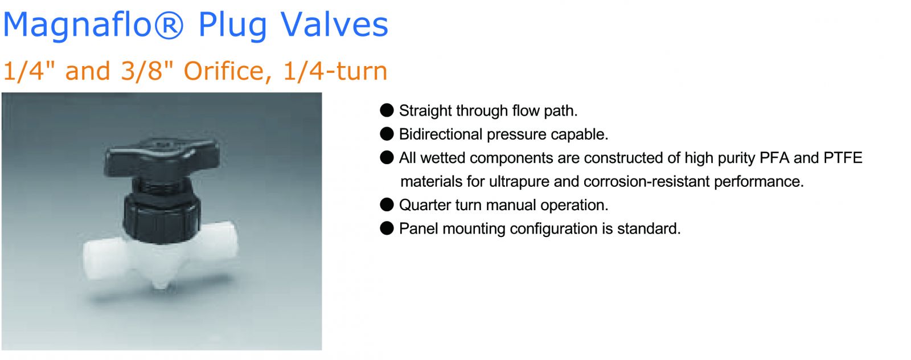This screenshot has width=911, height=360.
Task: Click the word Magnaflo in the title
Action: click(77, 25)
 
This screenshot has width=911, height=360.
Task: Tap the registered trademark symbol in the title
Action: click(168, 24)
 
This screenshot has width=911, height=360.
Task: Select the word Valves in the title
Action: click(334, 24)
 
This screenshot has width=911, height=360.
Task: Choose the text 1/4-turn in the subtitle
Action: click(335, 71)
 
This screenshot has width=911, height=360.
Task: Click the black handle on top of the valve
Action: click(162, 157)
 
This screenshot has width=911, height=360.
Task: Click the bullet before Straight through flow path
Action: click(387, 111)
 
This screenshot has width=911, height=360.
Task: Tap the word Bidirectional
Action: click(441, 134)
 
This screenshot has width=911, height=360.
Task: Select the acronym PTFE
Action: click(843, 158)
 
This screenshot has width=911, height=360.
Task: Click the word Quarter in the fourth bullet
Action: click(425, 205)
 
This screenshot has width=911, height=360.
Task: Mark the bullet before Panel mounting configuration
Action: click(387, 228)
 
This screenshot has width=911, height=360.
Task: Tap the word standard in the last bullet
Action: click(649, 228)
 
